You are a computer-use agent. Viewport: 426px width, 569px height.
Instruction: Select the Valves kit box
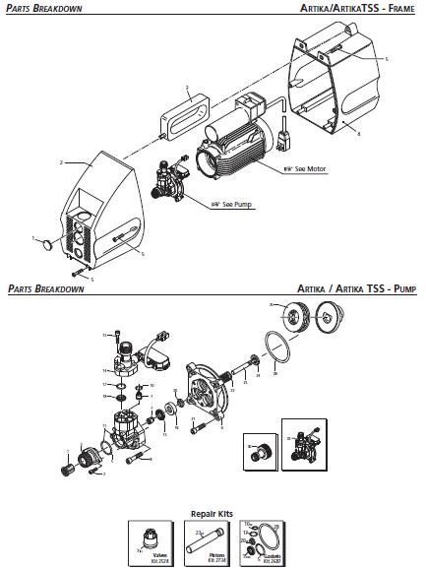click(152, 542)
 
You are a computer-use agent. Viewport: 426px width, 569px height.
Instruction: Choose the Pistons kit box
click(213, 542)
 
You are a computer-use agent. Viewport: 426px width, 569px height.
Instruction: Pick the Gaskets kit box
click(273, 542)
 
